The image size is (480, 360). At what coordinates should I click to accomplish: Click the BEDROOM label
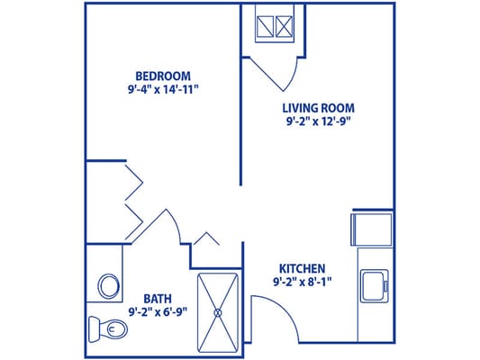click(163, 75)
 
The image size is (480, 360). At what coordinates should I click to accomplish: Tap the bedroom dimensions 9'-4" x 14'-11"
click(163, 89)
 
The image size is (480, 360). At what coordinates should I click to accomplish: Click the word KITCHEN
click(302, 268)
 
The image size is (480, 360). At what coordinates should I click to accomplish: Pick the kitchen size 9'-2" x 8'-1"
click(302, 283)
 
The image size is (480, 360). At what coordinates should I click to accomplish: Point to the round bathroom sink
click(108, 287)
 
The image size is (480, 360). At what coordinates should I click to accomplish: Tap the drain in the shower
click(218, 311)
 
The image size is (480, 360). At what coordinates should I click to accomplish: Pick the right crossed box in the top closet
click(286, 23)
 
